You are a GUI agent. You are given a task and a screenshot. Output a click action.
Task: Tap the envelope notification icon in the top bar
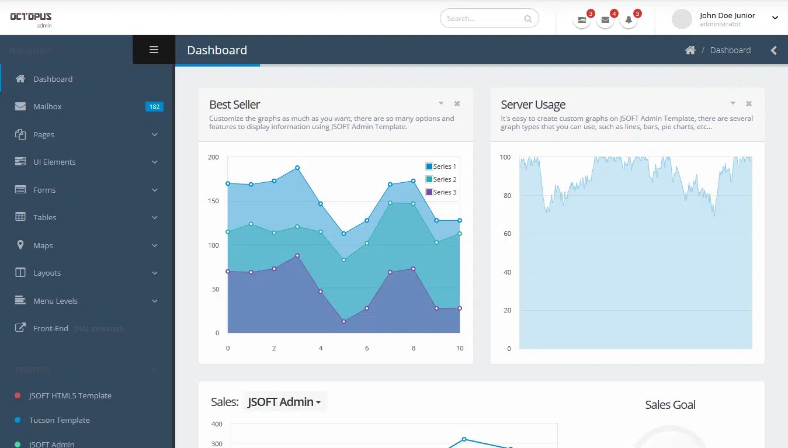coord(605,20)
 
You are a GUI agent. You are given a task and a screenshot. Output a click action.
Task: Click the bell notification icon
coord(629,20)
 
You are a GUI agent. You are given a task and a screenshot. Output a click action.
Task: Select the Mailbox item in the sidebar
coord(47,107)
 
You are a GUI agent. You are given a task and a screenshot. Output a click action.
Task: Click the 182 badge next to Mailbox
coord(154,107)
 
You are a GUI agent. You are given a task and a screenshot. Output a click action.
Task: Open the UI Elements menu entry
coord(54,162)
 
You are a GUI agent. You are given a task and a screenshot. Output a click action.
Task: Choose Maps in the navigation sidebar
coord(43,246)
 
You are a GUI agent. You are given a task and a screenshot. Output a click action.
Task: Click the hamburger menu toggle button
coord(154,50)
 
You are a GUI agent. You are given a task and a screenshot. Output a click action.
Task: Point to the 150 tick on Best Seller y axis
coord(213,202)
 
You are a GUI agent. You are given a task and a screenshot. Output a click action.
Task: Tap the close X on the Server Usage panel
coord(749,104)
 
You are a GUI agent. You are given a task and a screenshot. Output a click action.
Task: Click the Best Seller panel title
coord(234,105)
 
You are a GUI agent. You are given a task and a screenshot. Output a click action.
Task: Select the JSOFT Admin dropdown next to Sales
coord(284,402)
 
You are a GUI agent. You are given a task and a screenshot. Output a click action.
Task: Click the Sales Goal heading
coord(670,405)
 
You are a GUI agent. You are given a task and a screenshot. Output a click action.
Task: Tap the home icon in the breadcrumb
coord(690,50)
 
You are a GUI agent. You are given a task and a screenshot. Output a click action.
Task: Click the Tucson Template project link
coord(60,421)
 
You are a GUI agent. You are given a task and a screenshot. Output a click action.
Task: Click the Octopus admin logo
coord(31,19)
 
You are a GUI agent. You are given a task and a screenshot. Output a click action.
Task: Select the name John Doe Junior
coord(727,16)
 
